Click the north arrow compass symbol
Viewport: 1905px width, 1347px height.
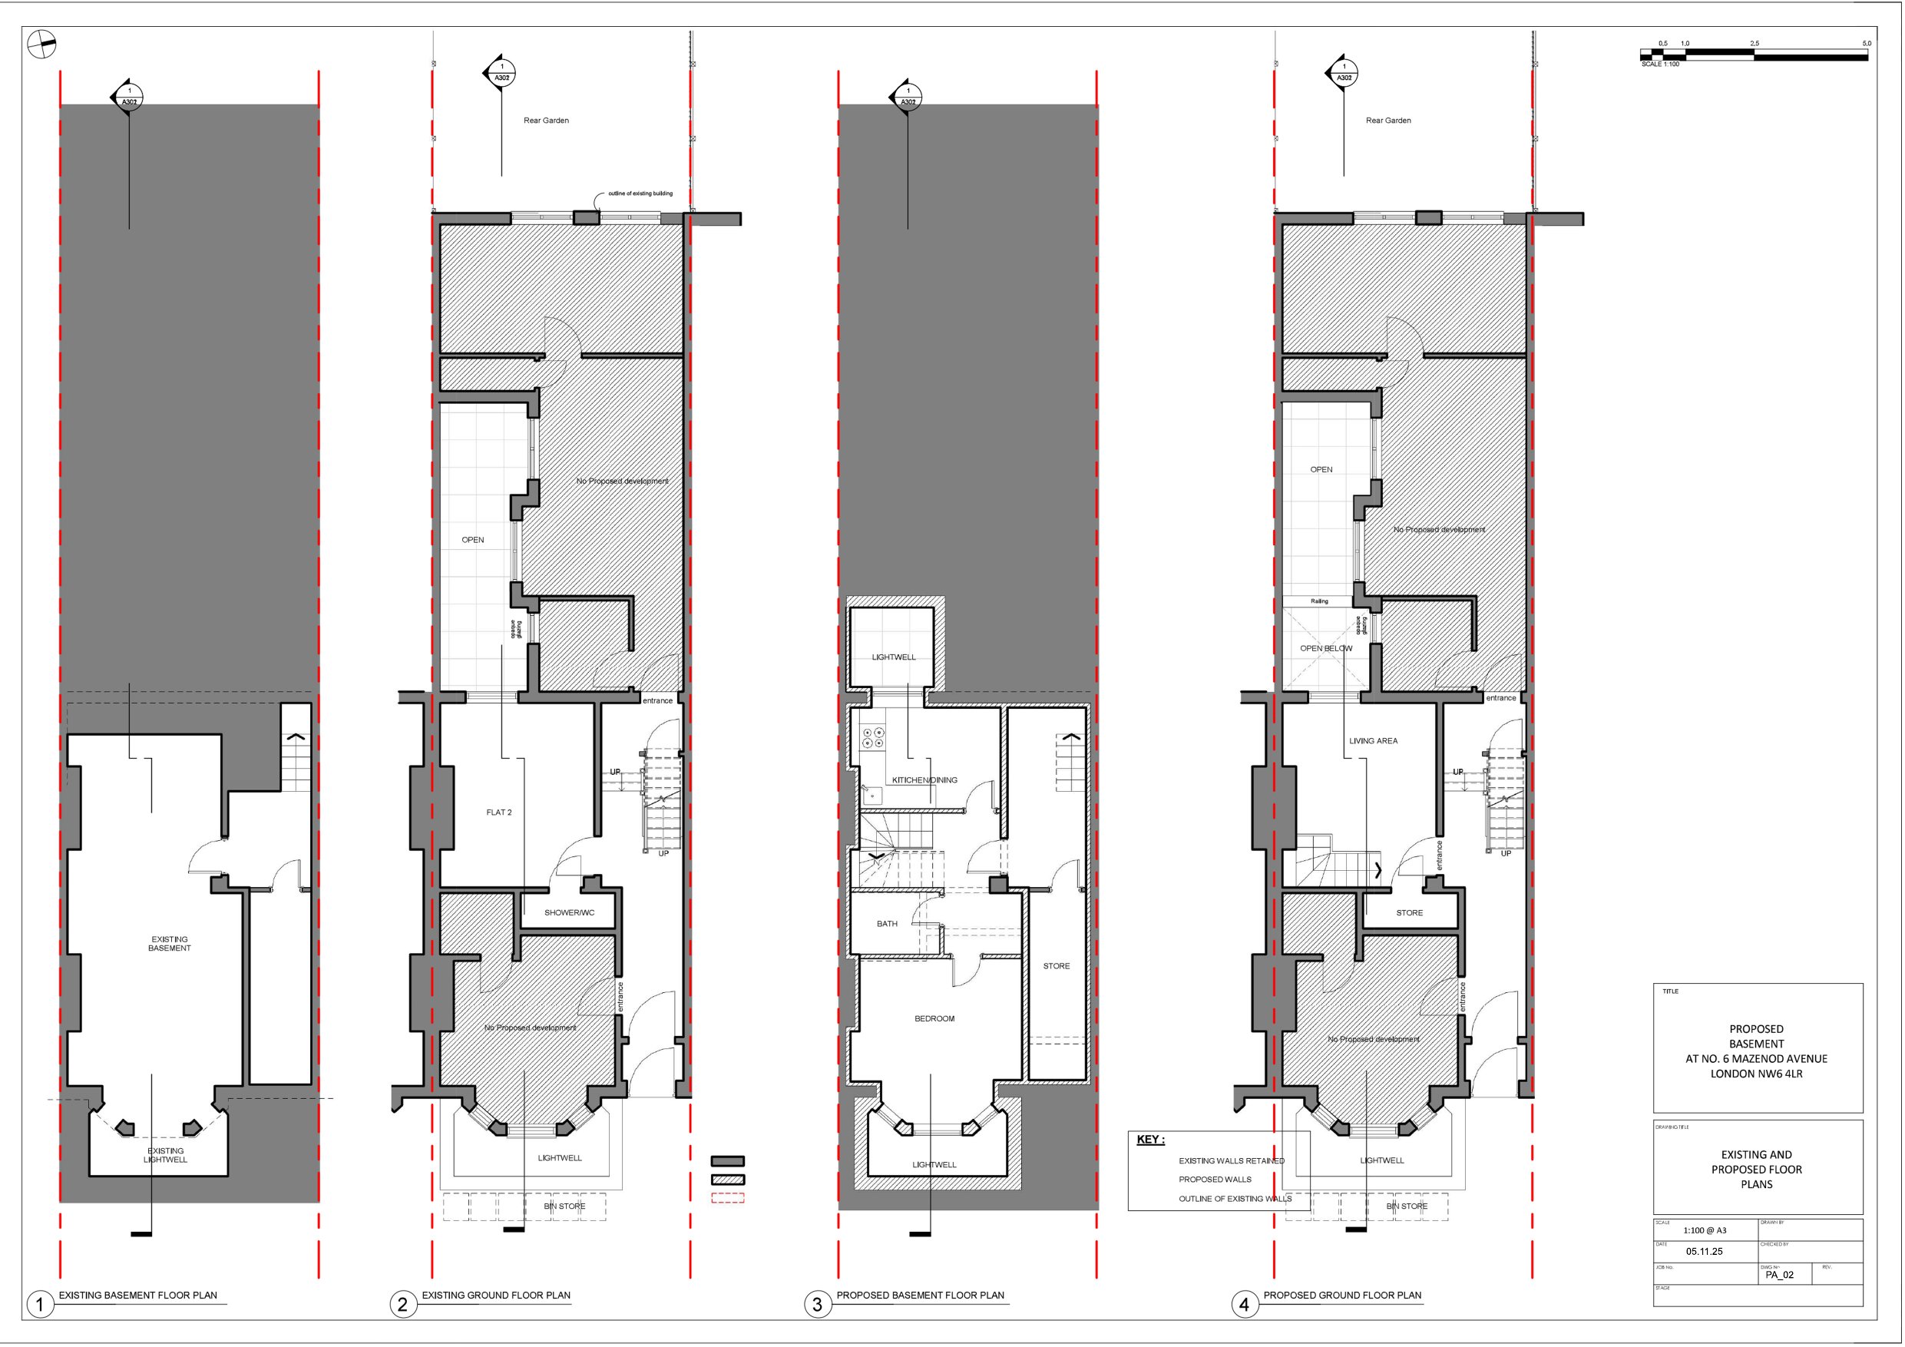click(41, 45)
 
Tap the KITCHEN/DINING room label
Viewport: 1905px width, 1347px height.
click(924, 780)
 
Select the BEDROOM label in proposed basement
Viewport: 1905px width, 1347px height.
click(934, 1018)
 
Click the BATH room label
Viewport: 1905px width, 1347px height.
click(887, 924)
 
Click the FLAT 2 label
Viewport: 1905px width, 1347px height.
click(498, 813)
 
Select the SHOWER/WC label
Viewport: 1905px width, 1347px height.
click(569, 913)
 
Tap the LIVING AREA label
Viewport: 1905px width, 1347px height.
click(1373, 741)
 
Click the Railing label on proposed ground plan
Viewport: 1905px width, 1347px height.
click(1319, 601)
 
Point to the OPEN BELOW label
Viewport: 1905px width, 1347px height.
click(1326, 649)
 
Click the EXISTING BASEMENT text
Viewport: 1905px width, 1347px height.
click(169, 944)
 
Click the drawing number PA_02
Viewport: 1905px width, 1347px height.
click(1780, 1275)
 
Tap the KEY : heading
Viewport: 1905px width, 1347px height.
click(1150, 1140)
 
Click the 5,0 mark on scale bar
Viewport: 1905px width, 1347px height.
click(1866, 43)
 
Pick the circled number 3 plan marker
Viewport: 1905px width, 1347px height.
click(816, 1305)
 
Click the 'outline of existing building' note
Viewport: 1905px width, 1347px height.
click(640, 194)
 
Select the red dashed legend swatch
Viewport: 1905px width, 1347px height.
click(728, 1197)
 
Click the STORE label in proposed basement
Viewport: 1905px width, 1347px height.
click(1057, 966)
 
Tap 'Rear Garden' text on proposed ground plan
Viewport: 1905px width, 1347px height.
click(1388, 121)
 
